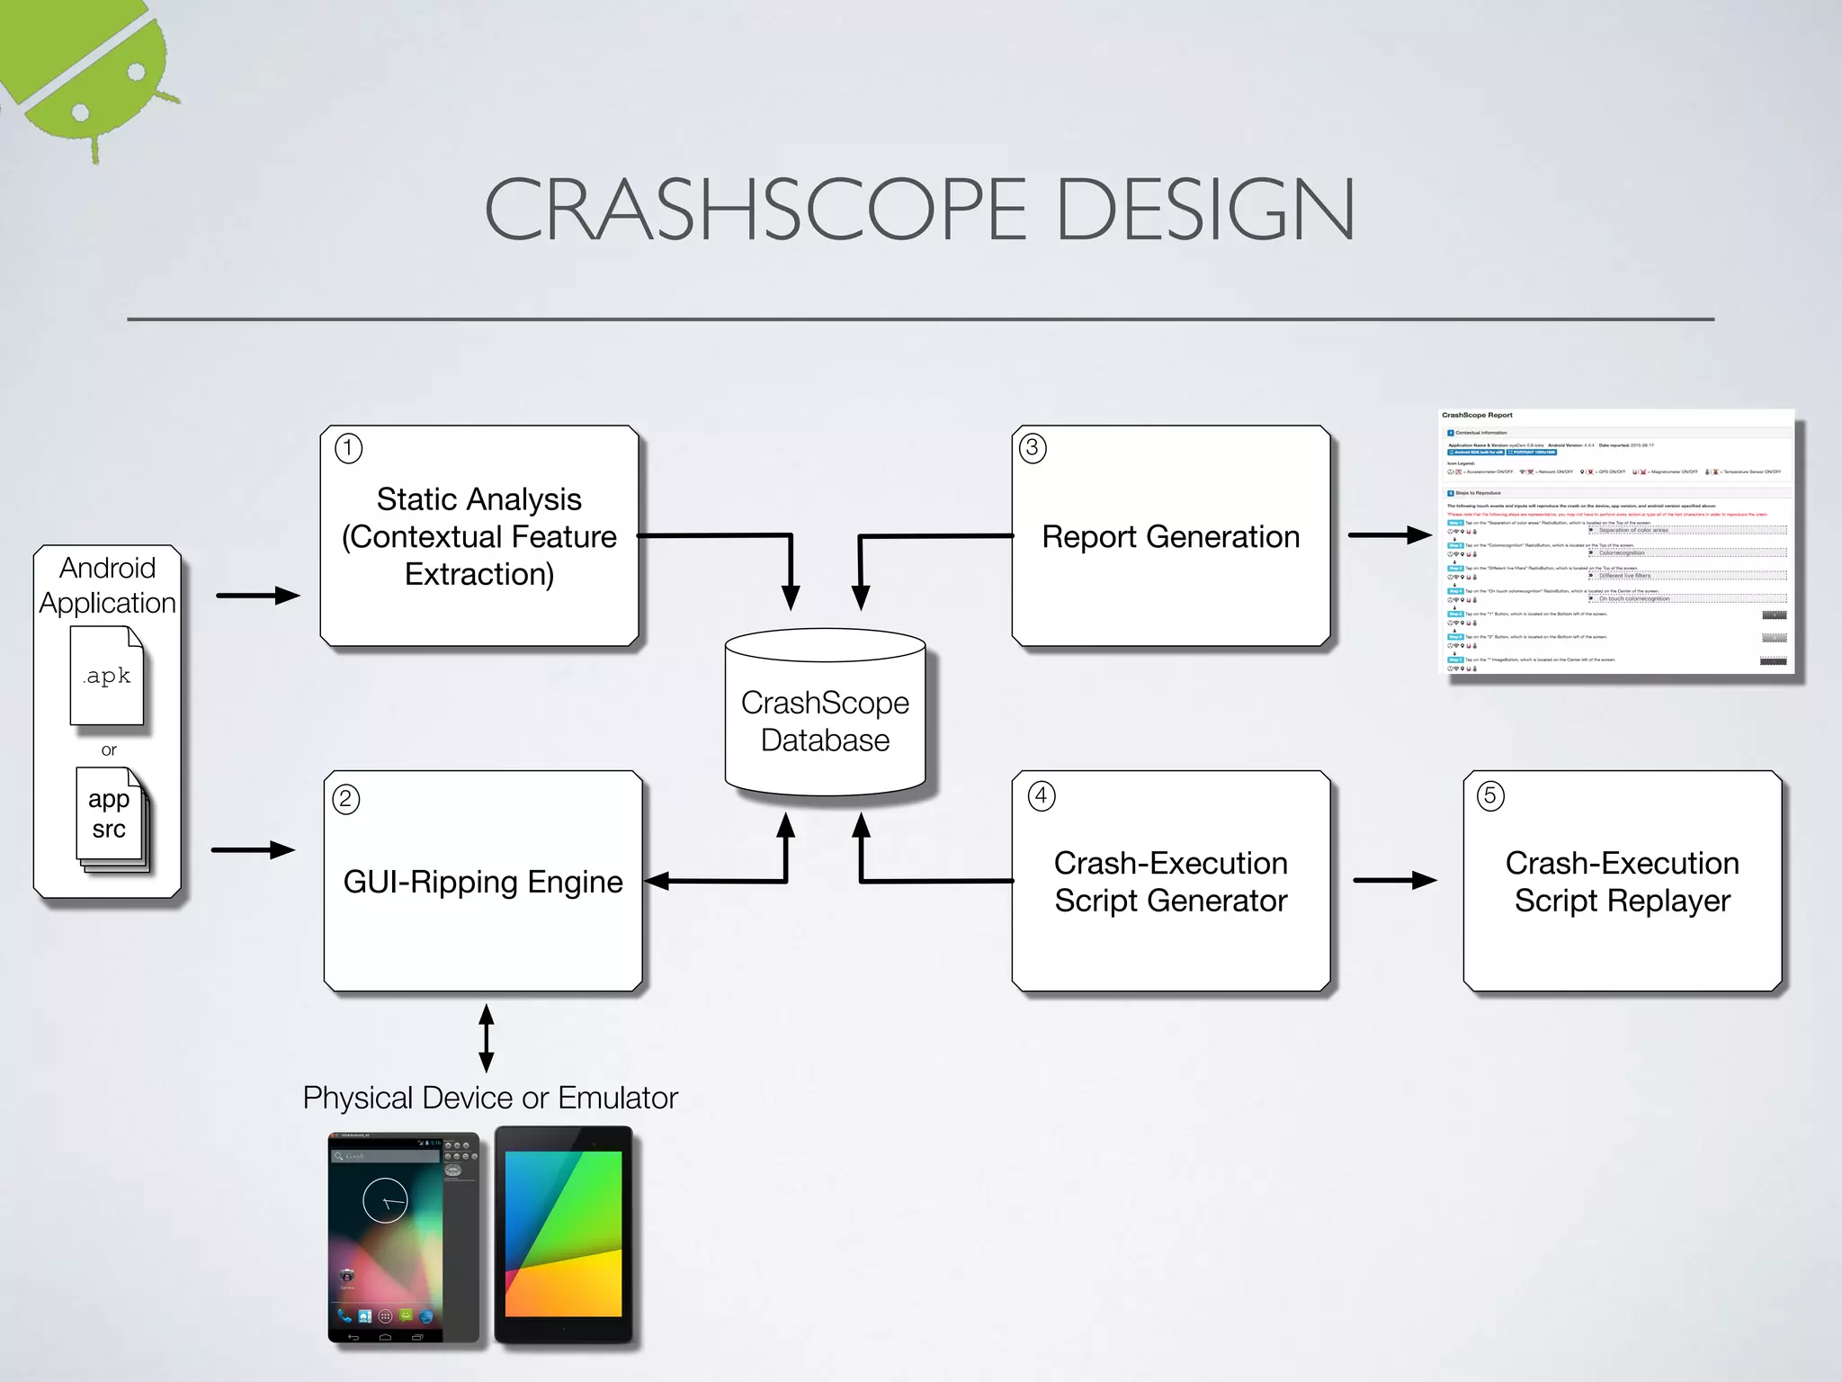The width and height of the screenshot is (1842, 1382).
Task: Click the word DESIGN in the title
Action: click(1205, 209)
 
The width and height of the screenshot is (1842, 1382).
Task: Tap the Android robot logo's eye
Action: click(137, 72)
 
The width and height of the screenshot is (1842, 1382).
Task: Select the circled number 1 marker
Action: click(348, 447)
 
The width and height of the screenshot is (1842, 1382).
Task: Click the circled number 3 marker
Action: click(1033, 447)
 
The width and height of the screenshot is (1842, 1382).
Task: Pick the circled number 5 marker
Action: click(1490, 795)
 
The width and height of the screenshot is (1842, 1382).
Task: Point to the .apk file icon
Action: click(107, 676)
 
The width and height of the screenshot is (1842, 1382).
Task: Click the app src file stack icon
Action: click(111, 817)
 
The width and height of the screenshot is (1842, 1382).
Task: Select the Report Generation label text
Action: click(1170, 537)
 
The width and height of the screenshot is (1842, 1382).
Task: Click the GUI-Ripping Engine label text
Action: click(483, 882)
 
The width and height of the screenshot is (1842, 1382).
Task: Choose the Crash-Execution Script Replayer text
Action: click(1622, 882)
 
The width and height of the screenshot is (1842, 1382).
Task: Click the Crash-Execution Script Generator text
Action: click(1170, 882)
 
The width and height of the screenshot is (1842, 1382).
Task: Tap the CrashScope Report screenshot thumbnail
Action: click(1616, 542)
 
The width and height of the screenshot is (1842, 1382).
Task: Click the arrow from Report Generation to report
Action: click(1389, 535)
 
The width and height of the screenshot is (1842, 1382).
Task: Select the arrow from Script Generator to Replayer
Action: click(1394, 880)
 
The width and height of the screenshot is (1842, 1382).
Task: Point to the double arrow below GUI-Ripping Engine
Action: click(487, 1038)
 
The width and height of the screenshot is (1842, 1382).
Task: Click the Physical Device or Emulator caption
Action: click(490, 1098)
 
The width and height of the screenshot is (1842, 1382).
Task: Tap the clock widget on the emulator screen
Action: click(385, 1200)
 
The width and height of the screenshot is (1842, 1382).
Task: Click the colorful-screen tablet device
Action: click(564, 1234)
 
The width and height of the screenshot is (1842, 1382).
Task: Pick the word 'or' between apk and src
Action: click(109, 749)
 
